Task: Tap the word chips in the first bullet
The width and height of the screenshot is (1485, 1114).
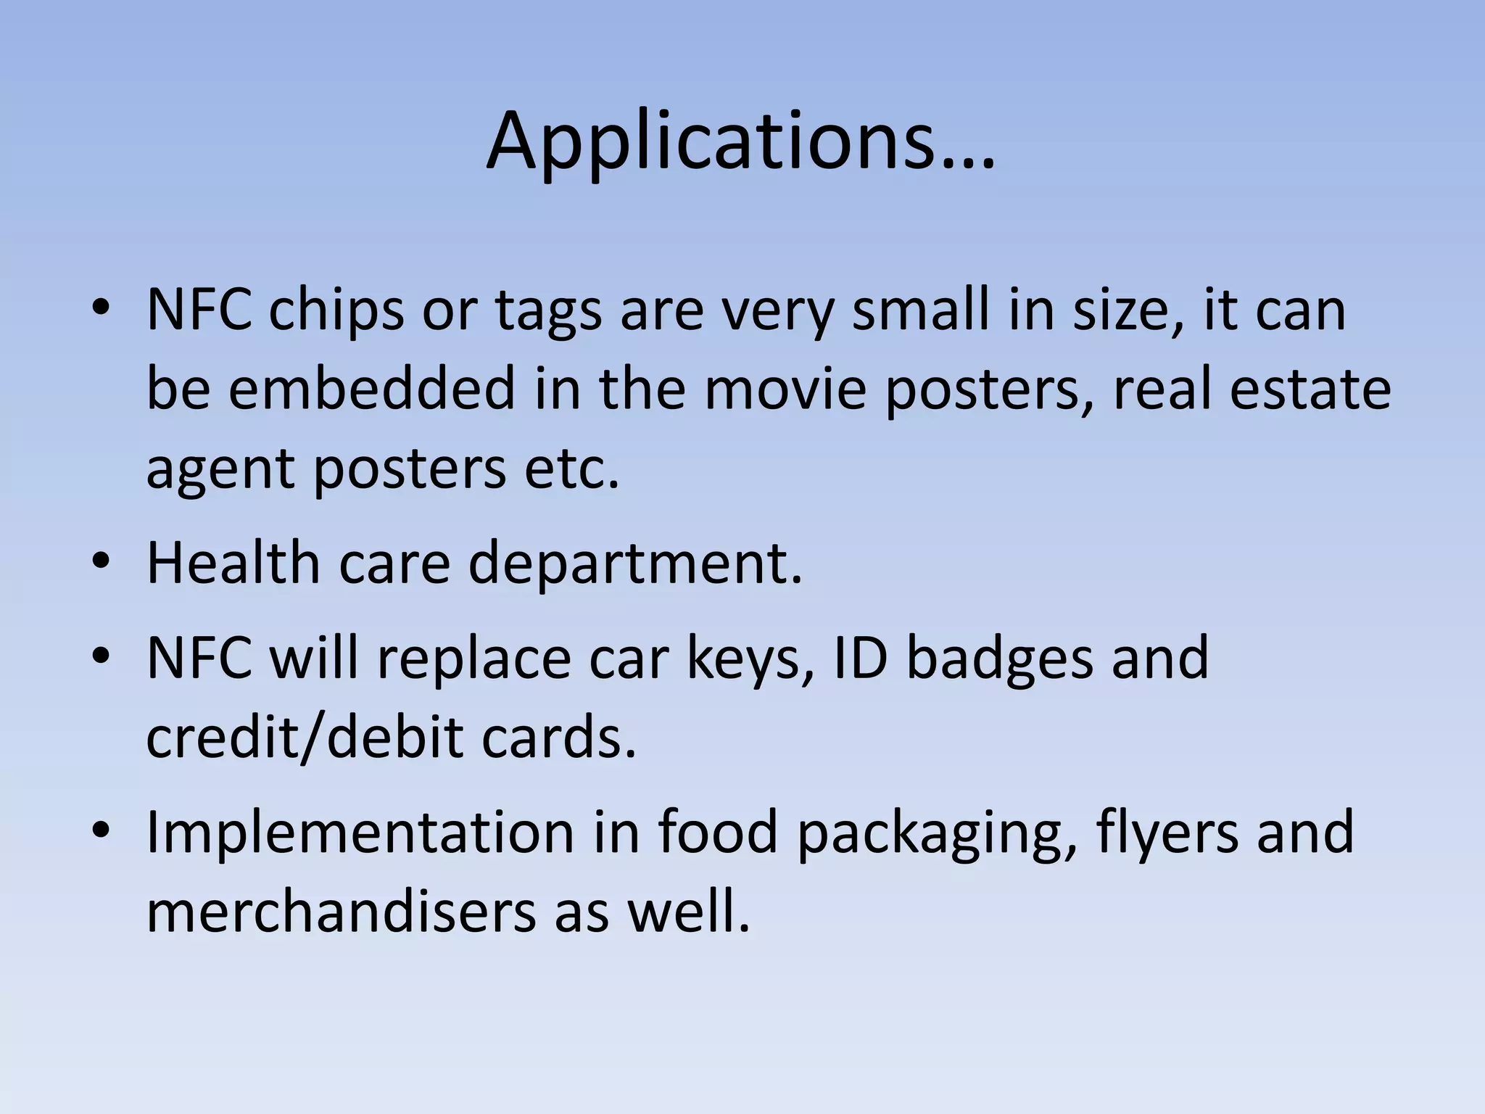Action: pyautogui.click(x=336, y=310)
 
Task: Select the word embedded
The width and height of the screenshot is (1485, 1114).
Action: pyautogui.click(x=371, y=389)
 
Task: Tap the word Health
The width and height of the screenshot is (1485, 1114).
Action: pyautogui.click(x=233, y=563)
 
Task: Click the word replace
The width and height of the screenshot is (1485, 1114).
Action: pyautogui.click(x=473, y=659)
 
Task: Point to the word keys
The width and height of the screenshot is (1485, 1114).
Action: pyautogui.click(x=751, y=659)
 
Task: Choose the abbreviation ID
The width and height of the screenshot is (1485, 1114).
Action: pyautogui.click(x=861, y=657)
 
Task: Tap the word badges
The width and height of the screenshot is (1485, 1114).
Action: pyautogui.click(x=999, y=659)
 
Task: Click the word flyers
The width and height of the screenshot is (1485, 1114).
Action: pyautogui.click(x=1167, y=833)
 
